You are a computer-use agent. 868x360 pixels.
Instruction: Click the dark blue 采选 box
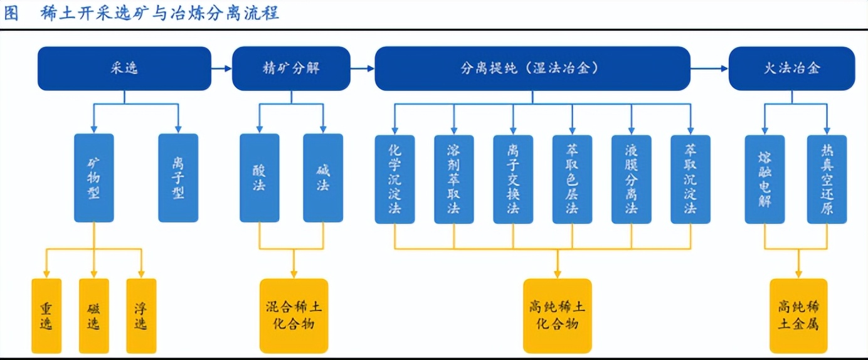[x=124, y=68]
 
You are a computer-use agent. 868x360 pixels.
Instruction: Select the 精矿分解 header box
[x=291, y=68]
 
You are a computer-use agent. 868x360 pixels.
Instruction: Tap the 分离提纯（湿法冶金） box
[x=532, y=68]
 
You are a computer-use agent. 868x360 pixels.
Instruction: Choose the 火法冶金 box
[x=792, y=68]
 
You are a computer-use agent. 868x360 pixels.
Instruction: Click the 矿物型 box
[x=94, y=178]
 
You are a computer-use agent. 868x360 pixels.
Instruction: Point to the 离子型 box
[x=178, y=178]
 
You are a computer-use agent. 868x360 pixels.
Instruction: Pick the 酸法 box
[x=260, y=178]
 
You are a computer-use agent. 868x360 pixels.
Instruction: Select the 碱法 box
[x=323, y=178]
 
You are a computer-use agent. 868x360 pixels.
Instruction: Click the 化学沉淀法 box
[x=395, y=179]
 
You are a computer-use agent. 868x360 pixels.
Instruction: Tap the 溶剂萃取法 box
[x=454, y=179]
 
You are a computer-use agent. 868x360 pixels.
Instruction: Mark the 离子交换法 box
[x=513, y=179]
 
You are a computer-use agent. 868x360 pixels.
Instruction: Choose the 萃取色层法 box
[x=573, y=179]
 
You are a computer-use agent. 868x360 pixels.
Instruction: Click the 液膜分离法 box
[x=631, y=179]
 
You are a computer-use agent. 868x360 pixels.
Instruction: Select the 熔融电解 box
[x=765, y=179]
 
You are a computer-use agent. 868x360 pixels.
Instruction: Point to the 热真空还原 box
[x=827, y=179]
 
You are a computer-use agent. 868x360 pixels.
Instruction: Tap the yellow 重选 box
[x=46, y=316]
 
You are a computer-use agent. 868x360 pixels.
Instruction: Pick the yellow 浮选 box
[x=142, y=316]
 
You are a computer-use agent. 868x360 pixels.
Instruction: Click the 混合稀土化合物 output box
[x=294, y=316]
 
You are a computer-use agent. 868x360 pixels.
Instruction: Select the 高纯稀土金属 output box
[x=798, y=316]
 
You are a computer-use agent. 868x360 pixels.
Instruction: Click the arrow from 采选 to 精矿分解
[x=221, y=68]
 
